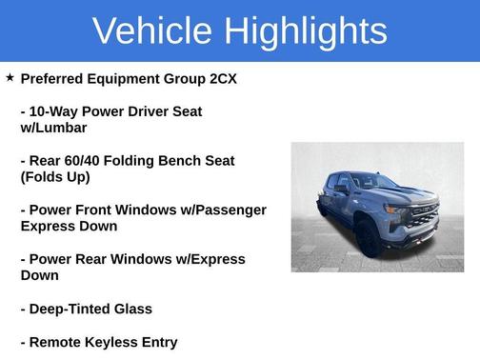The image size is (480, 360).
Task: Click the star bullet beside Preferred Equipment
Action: coord(10,78)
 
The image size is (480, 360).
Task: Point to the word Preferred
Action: coord(53,78)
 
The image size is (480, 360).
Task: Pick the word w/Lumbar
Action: coord(53,128)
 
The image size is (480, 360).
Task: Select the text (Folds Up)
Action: coord(55,177)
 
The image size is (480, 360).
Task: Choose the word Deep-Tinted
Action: coord(71,309)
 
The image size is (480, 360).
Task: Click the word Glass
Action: coord(133,309)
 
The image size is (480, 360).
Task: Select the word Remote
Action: coord(55,342)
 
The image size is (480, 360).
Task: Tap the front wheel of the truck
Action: coord(370,238)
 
